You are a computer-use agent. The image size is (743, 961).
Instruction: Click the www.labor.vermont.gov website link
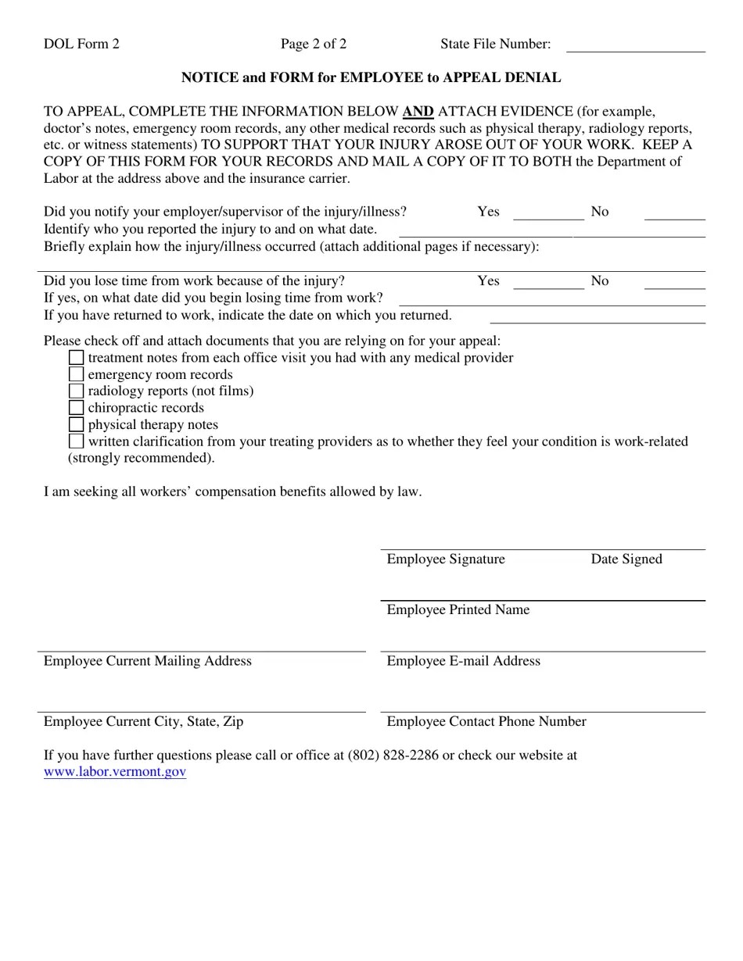[115, 772]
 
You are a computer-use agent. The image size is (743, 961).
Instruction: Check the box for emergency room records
[76, 374]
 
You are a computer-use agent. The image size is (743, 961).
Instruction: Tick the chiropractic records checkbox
[76, 408]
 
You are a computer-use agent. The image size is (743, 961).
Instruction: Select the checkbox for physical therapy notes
[76, 425]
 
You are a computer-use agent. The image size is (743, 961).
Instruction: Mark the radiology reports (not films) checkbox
[76, 391]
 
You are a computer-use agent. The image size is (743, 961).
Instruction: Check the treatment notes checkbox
[76, 358]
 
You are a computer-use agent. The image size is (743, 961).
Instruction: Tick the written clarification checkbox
[76, 441]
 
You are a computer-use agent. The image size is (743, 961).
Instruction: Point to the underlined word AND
[418, 112]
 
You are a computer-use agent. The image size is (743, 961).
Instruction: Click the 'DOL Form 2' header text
[81, 44]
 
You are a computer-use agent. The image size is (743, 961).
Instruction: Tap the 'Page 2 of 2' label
[314, 44]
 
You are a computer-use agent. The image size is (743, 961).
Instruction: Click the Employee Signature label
[446, 559]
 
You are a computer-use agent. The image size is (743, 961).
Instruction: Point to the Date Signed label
[626, 559]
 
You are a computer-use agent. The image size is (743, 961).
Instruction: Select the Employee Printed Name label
[458, 610]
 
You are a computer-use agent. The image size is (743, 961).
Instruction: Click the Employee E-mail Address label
[463, 661]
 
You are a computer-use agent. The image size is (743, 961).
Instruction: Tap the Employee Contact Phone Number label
[486, 722]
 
